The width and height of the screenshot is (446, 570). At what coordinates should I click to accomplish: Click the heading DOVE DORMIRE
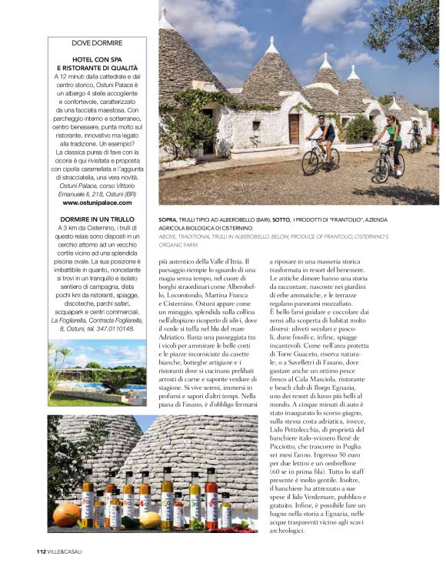pos(97,42)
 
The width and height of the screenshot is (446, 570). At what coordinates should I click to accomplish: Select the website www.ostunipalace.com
pos(97,203)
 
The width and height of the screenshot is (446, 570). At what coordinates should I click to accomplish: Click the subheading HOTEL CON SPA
pos(97,59)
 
